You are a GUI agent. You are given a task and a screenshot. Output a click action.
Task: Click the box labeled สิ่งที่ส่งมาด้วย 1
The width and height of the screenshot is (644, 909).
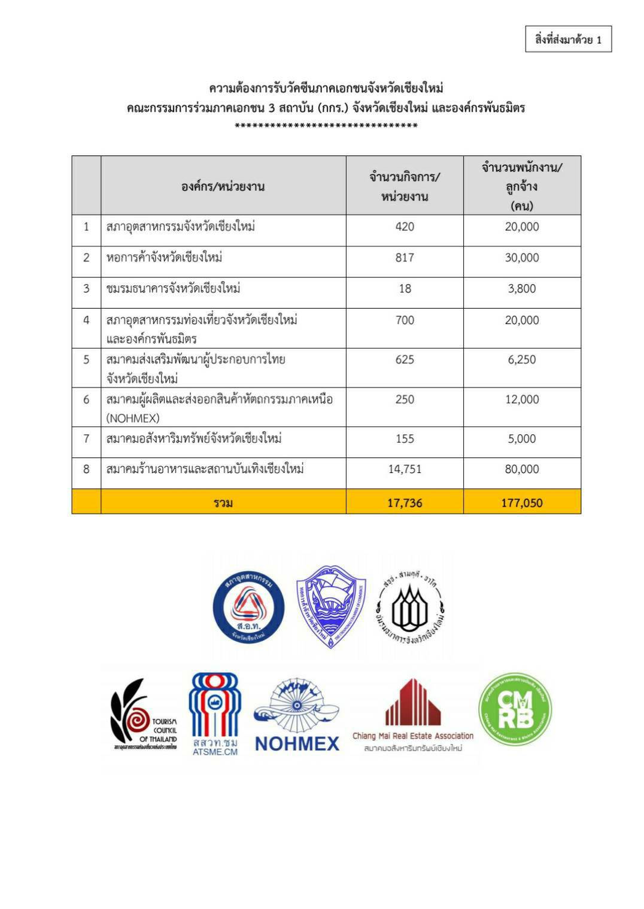click(x=568, y=39)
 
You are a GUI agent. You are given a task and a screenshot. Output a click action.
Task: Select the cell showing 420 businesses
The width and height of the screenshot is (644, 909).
click(x=405, y=227)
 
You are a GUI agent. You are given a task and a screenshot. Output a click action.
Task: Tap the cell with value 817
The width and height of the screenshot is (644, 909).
click(x=405, y=258)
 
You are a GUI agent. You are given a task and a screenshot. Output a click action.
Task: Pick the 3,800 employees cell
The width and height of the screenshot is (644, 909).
click(x=522, y=289)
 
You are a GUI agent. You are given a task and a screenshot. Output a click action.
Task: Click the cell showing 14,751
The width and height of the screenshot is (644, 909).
click(x=405, y=469)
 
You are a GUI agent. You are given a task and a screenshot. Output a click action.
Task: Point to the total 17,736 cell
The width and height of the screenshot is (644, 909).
click(x=405, y=503)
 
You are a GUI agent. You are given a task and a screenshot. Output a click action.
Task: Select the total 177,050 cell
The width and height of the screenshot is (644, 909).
click(x=522, y=503)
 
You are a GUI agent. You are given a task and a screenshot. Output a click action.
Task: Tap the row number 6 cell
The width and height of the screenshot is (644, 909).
click(x=86, y=399)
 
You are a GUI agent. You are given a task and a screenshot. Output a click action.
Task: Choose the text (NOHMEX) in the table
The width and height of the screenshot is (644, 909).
click(x=133, y=417)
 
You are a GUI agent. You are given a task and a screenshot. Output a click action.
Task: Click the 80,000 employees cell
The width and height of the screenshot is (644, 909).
click(x=522, y=469)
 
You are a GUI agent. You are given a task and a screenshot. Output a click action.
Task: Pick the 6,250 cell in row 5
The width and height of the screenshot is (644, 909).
click(x=522, y=359)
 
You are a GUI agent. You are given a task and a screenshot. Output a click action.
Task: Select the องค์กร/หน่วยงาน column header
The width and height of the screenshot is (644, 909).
click(x=223, y=186)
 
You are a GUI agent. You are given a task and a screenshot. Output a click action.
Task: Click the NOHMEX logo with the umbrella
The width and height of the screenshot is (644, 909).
click(x=297, y=715)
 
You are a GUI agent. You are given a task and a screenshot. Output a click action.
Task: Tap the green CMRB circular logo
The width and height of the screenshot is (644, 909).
click(x=515, y=709)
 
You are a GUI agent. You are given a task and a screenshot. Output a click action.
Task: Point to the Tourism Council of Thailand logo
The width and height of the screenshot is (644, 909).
click(x=144, y=714)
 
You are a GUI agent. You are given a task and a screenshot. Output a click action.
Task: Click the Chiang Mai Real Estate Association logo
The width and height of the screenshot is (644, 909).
click(x=412, y=715)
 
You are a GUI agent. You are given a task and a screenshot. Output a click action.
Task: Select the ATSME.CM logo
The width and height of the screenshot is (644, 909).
click(x=215, y=714)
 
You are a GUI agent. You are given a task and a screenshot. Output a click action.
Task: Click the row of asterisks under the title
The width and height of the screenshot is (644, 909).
click(x=326, y=126)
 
